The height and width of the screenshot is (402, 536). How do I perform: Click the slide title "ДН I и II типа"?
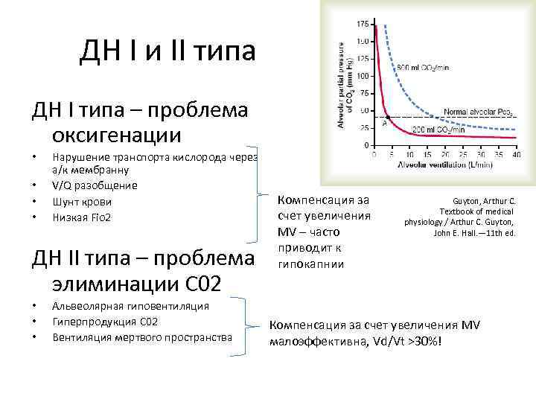click(167, 51)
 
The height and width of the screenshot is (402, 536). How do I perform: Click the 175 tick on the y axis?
click(362, 25)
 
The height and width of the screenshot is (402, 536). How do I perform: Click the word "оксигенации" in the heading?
click(116, 135)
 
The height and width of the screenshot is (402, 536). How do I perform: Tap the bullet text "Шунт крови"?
click(81, 201)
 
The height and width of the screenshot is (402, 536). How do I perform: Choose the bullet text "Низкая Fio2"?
click(82, 217)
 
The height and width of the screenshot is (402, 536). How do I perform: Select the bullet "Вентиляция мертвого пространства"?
click(142, 337)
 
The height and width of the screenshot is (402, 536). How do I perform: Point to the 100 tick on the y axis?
click(362, 76)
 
